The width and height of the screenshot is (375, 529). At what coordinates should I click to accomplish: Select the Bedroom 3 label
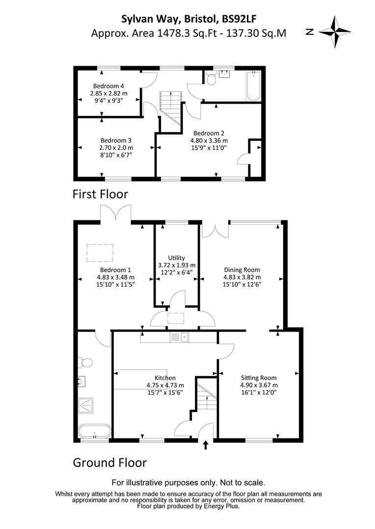tap(116, 139)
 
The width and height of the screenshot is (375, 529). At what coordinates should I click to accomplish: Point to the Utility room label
tap(176, 258)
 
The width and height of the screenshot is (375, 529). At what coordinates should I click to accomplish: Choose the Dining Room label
tap(241, 269)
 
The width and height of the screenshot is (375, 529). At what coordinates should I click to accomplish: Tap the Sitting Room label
tap(258, 378)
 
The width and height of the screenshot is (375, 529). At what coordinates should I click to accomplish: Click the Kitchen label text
tap(165, 378)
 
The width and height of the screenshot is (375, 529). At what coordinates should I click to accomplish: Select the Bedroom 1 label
tap(115, 269)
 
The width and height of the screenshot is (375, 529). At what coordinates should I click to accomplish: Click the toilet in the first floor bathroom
tap(212, 79)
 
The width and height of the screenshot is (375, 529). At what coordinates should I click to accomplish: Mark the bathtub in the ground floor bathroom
tap(94, 432)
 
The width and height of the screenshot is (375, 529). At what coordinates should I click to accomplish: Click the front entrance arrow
tap(206, 445)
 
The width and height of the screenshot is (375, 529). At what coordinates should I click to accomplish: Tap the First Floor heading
tap(100, 194)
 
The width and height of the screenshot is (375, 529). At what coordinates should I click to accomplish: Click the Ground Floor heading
tap(109, 462)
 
